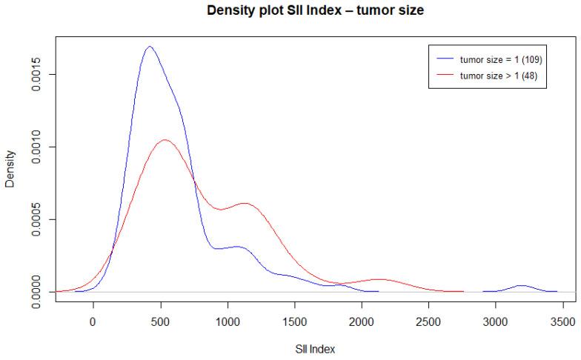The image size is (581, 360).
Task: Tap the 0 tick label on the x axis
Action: (93, 323)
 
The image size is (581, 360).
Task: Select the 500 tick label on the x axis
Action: (160, 323)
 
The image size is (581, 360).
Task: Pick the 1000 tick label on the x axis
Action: (228, 323)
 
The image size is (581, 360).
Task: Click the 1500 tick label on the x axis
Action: (294, 323)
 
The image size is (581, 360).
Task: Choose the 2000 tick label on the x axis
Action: (362, 323)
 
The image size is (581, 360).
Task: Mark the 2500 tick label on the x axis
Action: (429, 323)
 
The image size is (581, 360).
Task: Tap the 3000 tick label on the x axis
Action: (496, 323)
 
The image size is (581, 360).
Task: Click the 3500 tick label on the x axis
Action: (563, 323)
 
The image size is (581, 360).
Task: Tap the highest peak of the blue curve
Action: (150, 46)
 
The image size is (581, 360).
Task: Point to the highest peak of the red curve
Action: (165, 139)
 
